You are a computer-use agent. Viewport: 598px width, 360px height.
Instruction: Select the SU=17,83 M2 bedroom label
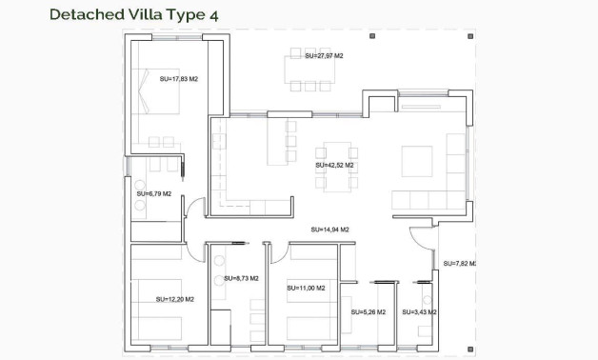click(179, 79)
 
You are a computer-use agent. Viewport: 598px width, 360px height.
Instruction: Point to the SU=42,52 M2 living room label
click(334, 165)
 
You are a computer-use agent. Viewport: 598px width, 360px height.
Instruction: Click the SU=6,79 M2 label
click(153, 193)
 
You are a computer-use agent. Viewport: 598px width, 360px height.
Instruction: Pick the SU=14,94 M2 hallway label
click(329, 230)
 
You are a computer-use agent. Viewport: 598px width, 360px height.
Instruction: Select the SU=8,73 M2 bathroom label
click(241, 278)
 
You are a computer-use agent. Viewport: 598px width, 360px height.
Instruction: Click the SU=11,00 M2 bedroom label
click(305, 288)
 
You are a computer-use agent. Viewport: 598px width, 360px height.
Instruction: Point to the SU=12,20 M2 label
click(175, 299)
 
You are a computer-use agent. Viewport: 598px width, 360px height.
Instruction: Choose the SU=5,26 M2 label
click(368, 311)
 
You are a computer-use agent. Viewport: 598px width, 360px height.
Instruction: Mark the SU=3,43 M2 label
click(419, 311)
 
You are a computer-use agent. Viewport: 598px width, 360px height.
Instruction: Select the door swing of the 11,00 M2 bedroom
click(280, 250)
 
